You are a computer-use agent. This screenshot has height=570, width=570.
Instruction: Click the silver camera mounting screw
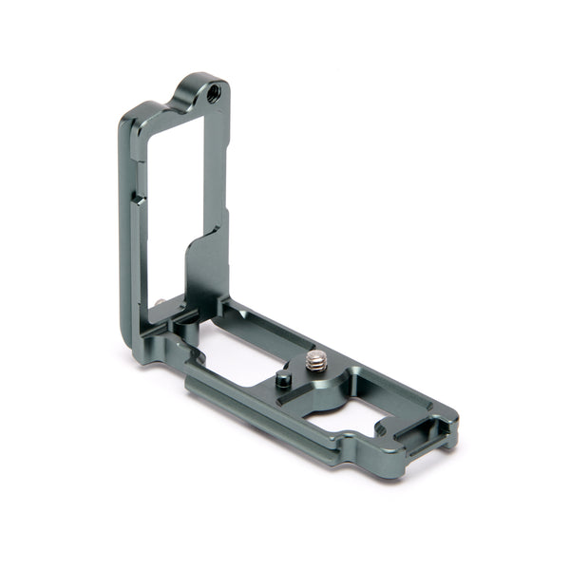tap(315, 361)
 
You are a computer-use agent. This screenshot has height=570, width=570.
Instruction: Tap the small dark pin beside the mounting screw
tap(283, 380)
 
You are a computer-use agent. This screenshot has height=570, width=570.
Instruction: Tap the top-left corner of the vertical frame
tap(128, 119)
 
